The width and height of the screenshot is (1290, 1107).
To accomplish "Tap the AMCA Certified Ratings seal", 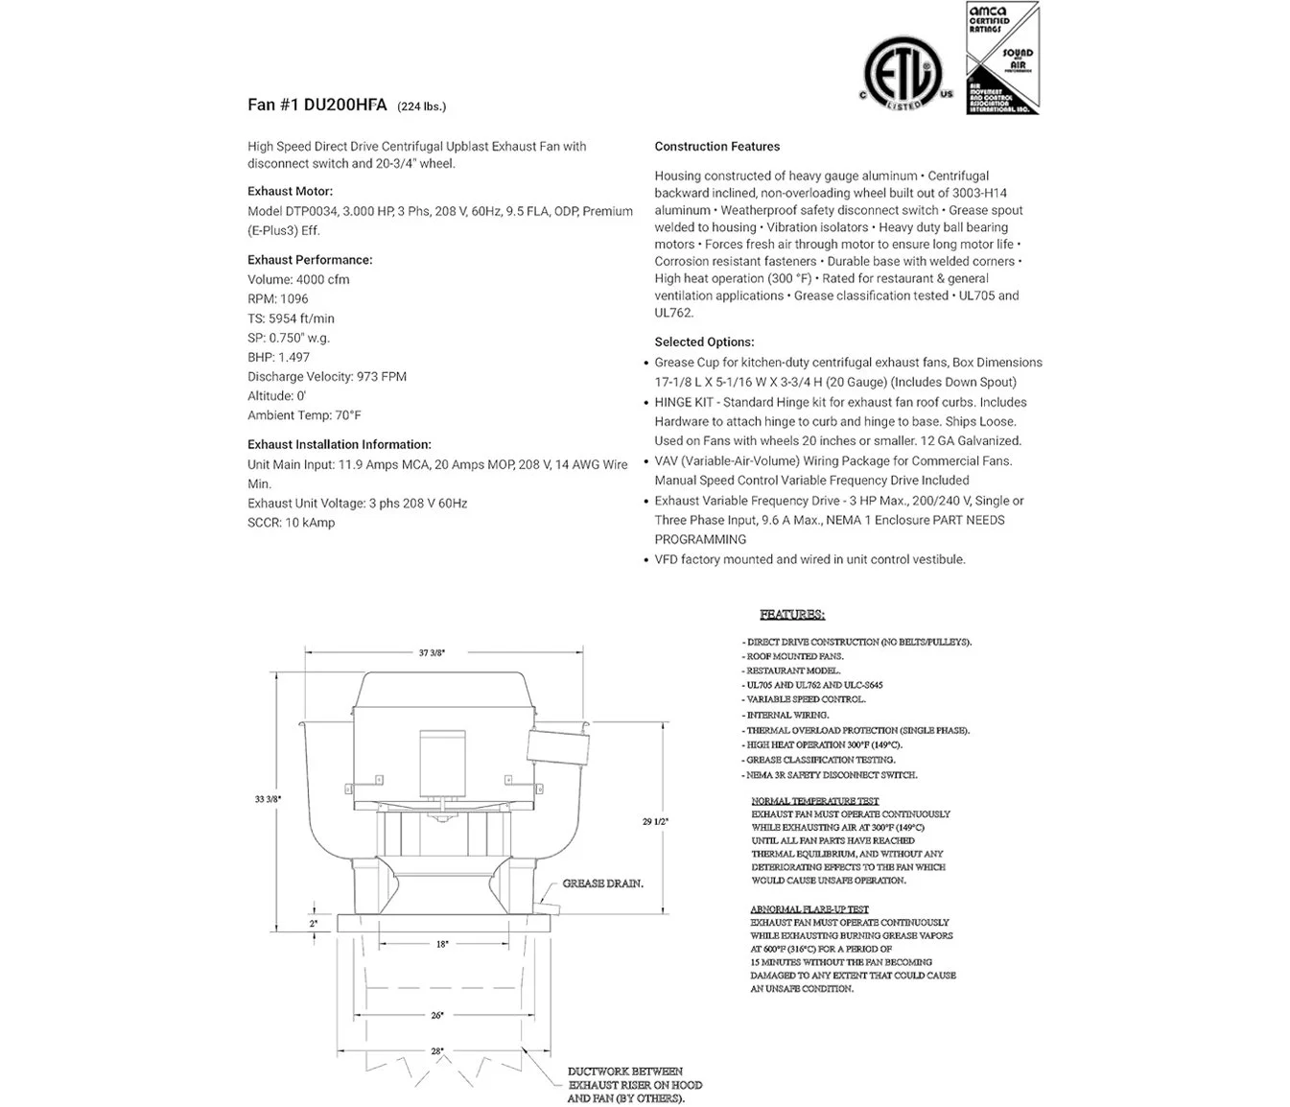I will coord(1001,59).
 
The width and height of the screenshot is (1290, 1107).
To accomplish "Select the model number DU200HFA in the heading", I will coord(345,106).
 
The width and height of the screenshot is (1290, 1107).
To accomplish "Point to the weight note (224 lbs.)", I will coord(421,106).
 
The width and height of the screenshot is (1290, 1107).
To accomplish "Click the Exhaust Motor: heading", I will coord(290,191).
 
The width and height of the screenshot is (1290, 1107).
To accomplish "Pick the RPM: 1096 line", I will coord(277,299).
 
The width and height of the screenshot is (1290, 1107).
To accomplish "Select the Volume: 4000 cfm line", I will coord(298,280).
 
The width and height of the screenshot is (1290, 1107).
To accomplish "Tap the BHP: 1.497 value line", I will coord(278,357).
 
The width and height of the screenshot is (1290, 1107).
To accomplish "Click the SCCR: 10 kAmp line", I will coord(291,523).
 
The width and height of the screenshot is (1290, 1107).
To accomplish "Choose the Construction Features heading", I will coord(716,147).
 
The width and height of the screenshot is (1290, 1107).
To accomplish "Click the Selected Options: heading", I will coord(704,342).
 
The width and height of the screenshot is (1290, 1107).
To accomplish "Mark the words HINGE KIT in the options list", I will coord(688,403).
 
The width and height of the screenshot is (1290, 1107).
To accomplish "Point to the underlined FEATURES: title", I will coord(792,614).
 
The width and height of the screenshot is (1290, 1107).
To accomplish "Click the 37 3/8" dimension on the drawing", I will coord(432,652).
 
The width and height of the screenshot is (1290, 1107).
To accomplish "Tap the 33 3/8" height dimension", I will coord(268,799).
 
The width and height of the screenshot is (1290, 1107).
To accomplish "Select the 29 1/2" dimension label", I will coord(656,821).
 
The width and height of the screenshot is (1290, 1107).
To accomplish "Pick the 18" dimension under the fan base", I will coord(442,944).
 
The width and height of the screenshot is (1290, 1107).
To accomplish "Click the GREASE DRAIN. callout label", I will coord(602,883).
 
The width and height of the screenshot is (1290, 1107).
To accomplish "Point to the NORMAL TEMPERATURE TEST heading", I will coord(814,801).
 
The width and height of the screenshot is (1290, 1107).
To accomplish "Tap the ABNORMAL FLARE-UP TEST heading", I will coord(809,909).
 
